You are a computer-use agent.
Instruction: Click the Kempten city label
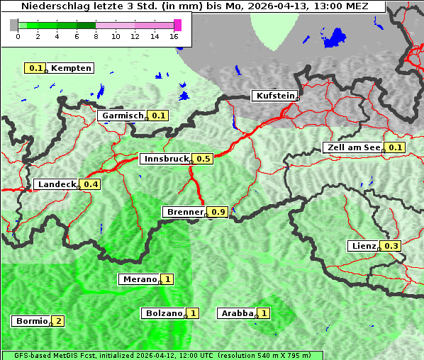71,68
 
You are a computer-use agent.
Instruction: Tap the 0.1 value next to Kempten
35,68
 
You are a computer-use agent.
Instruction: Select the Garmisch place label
122,116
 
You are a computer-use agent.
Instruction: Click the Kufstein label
274,96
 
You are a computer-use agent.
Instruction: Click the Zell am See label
352,147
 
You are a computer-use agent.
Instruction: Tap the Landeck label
56,184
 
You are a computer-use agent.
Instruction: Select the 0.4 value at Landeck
91,184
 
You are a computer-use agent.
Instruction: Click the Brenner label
184,212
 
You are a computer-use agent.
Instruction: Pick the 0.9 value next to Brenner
218,212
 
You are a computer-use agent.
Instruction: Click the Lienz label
364,246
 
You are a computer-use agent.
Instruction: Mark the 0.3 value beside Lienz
392,246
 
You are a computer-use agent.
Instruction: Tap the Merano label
138,279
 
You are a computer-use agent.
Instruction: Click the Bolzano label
163,313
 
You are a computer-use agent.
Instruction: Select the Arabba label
236,313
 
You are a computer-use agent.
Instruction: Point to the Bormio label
30,321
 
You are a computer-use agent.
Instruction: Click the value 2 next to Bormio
58,321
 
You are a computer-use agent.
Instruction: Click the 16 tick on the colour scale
174,37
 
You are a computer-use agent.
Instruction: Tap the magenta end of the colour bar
177,25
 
